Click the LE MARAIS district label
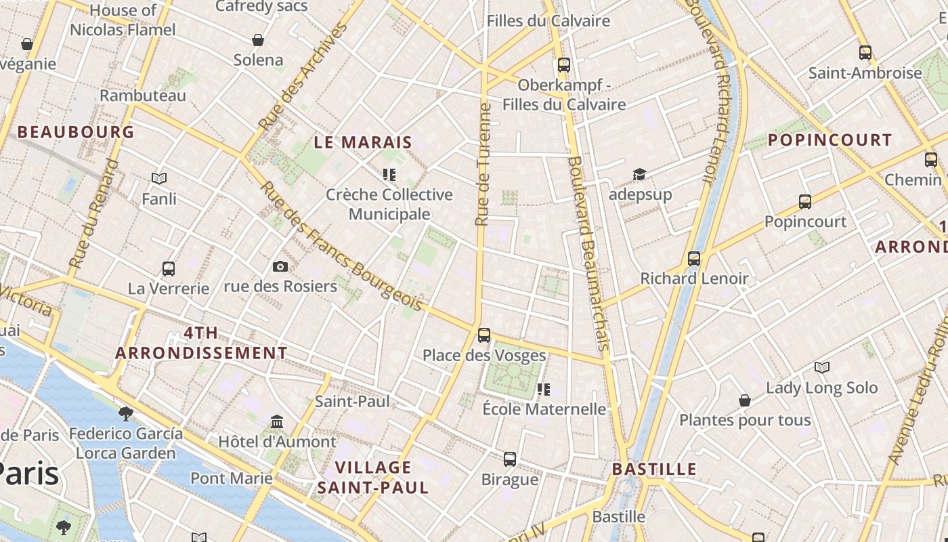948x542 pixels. [363, 142]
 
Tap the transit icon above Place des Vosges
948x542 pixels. [483, 335]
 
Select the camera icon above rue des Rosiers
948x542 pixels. [280, 266]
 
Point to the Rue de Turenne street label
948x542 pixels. [483, 165]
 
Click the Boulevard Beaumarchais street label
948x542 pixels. [589, 253]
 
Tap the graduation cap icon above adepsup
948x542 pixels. [639, 175]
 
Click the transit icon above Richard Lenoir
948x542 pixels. [694, 258]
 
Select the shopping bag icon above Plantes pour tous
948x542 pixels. [744, 400]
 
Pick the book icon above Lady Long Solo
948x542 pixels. [821, 368]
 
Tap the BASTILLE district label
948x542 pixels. [653, 469]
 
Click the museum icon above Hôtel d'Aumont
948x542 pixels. [277, 422]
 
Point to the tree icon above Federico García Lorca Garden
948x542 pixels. [125, 413]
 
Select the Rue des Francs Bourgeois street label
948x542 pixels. [341, 249]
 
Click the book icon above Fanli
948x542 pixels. [159, 179]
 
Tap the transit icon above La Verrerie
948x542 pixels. [169, 269]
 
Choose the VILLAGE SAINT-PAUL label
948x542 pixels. [373, 477]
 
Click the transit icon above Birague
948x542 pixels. [510, 459]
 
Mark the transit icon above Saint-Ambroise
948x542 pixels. [865, 52]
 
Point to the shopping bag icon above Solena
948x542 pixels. [257, 40]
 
